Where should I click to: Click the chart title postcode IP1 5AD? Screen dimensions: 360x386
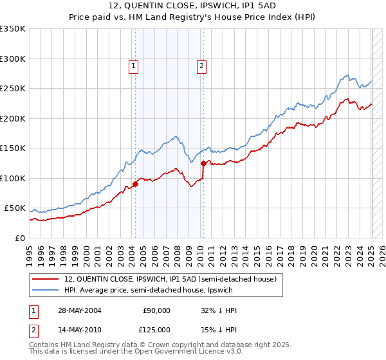pos(257,5)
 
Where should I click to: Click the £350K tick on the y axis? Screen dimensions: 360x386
pos(13,29)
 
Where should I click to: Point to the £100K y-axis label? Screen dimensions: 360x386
pos(13,178)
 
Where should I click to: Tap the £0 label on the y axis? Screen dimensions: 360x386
pos(19,238)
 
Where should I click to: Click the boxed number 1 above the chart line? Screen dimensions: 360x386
pos(133,65)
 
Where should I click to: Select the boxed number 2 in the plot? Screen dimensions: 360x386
pos(201,65)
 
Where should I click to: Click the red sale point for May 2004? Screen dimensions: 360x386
pos(136,184)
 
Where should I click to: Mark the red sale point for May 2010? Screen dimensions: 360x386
pos(203,163)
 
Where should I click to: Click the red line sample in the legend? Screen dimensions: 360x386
pos(46,279)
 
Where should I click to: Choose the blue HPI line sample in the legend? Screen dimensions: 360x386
pos(46,290)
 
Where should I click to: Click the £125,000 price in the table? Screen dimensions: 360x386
pos(156,330)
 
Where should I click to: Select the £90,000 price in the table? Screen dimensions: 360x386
pos(156,310)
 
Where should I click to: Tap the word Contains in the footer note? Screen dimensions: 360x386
pos(46,346)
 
